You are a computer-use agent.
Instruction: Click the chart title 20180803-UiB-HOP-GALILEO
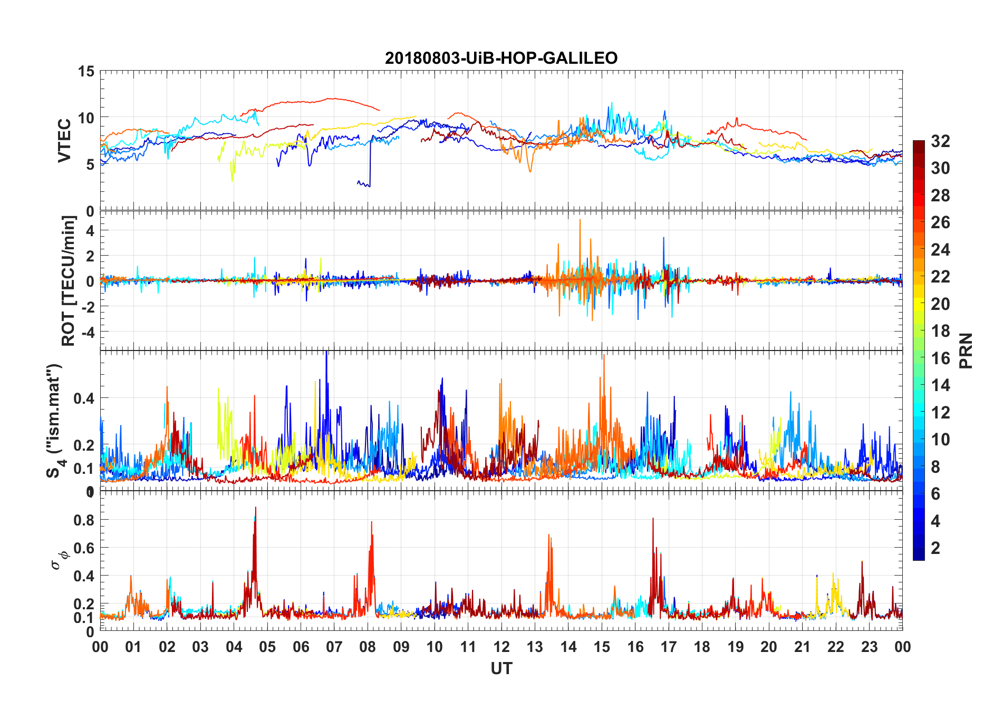tap(501, 58)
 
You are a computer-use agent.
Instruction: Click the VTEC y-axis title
tap(64, 140)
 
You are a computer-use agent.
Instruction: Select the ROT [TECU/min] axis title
tap(69, 280)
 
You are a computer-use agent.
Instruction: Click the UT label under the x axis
tap(501, 669)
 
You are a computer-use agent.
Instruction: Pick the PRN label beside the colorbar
tap(966, 350)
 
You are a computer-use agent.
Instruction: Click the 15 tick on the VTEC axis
tap(86, 71)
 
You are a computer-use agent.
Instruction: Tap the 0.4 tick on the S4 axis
tap(84, 398)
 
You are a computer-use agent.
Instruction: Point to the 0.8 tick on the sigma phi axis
tap(84, 520)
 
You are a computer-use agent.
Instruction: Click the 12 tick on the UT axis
tap(502, 647)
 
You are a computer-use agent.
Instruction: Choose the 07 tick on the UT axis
tap(334, 647)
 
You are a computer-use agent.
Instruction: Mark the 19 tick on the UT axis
tap(736, 647)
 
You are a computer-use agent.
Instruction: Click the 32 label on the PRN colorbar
tap(940, 141)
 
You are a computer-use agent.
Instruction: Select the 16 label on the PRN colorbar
tap(940, 358)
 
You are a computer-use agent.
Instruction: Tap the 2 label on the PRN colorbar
tap(936, 548)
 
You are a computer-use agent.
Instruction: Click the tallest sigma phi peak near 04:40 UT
tap(256, 508)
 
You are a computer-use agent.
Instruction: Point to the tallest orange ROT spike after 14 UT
tap(580, 220)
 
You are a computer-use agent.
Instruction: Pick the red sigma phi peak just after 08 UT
tap(371, 523)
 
